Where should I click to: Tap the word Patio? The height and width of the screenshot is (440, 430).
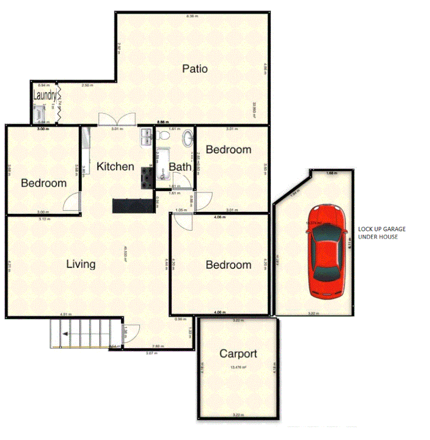195,69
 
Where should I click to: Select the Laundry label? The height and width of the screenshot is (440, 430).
45,95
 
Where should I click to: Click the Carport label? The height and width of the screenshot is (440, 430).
238,353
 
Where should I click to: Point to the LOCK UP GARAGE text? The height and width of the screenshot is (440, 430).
382,233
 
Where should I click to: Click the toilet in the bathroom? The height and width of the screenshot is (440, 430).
164,135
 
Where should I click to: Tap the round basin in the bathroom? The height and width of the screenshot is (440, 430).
187,139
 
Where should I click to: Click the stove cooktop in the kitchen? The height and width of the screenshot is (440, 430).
146,177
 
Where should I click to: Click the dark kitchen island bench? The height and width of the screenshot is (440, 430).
133,205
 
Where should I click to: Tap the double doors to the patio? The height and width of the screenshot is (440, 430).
117,119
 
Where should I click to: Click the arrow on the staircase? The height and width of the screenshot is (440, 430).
64,334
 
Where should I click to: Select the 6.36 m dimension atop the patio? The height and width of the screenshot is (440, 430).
192,16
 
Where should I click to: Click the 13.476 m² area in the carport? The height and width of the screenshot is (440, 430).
238,367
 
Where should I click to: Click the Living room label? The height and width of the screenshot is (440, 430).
80,264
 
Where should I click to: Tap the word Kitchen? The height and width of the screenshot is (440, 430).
115,167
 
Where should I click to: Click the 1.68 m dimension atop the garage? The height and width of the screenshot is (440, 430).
331,173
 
